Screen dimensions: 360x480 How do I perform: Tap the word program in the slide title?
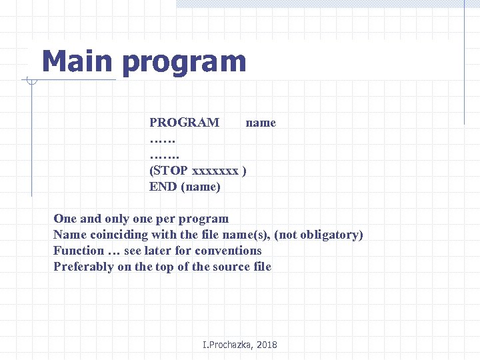[185, 63]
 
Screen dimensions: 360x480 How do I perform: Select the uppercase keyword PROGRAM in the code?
[184, 123]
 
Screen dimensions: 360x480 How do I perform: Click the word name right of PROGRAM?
[261, 123]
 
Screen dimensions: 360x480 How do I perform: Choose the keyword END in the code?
[163, 187]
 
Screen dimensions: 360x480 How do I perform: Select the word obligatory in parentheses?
[330, 235]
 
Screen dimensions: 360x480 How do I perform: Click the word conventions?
[229, 251]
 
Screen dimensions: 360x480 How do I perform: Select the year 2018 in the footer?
[265, 345]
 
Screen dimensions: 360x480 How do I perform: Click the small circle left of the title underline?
[31, 81]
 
